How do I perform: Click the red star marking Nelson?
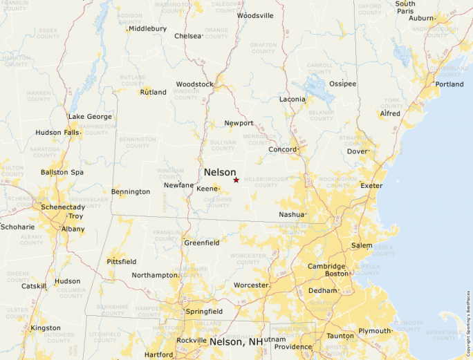point(236,180)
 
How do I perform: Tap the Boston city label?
point(337,274)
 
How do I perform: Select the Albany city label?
point(73,228)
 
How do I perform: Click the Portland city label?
point(449,84)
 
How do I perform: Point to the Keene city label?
point(207,188)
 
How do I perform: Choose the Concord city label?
point(282,149)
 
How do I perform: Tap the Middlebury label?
point(147,28)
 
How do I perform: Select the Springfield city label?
point(204,312)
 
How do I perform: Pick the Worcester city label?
point(250,285)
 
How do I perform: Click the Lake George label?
point(90,117)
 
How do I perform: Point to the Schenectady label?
point(62,207)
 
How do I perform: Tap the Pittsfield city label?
point(122,262)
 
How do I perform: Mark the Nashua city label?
point(291,215)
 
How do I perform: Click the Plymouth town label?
point(374,331)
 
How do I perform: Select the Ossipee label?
point(342,84)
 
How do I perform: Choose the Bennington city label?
point(131,191)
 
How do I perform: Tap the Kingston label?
point(46,328)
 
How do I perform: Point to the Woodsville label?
point(255,15)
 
